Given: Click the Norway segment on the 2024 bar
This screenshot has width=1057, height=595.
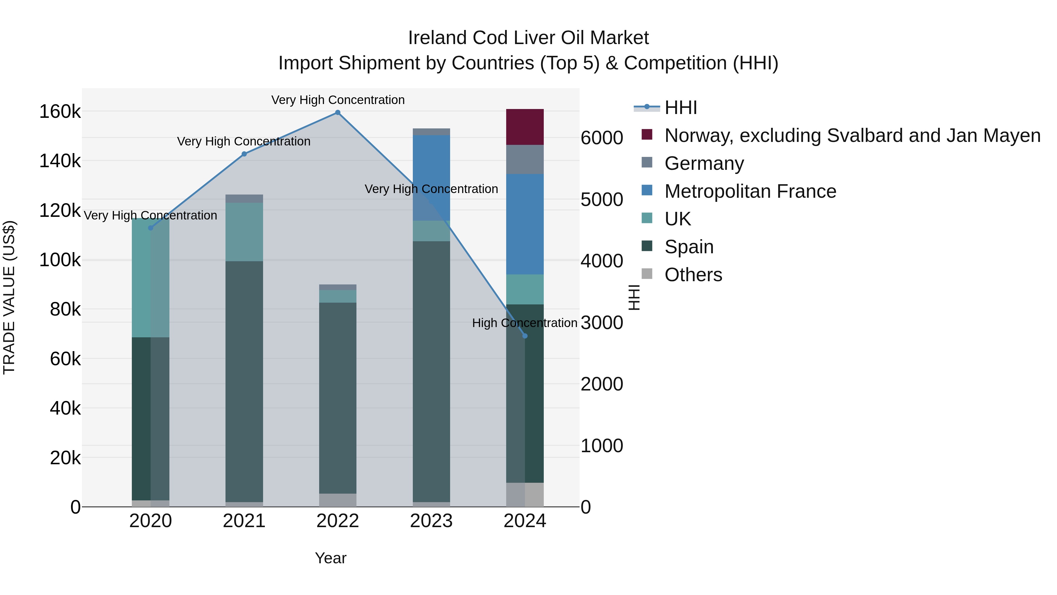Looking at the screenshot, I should (x=524, y=127).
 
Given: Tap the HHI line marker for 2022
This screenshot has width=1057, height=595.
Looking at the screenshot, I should (x=337, y=113).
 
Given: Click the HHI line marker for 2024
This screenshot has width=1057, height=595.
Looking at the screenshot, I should (x=524, y=336).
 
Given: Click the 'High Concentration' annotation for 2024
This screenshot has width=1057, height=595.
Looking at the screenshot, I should (x=524, y=323).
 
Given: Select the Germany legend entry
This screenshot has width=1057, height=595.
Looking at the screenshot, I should (x=704, y=163).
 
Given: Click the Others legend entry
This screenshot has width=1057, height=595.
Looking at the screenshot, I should (x=693, y=275).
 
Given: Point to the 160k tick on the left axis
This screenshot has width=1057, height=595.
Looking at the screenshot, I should (x=60, y=112).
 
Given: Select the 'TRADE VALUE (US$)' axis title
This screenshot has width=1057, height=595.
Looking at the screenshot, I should (x=9, y=297).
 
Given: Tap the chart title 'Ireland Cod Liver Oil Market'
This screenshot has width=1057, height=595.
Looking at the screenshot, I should (x=528, y=38).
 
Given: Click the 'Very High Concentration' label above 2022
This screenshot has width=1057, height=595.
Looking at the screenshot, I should (x=337, y=100).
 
